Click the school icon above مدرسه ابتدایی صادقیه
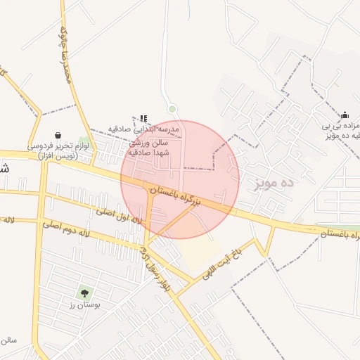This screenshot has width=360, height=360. tap(143, 119)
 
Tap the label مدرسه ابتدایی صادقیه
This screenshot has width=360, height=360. tap(144, 129)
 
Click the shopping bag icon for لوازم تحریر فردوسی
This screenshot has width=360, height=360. tap(58, 135)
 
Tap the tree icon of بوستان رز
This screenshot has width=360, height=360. tap(86, 292)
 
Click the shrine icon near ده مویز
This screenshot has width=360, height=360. tap(344, 115)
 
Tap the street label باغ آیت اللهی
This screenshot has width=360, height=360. tap(220, 262)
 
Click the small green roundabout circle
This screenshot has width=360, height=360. tap(172, 108)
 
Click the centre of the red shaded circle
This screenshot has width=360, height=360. tap(180, 179)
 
